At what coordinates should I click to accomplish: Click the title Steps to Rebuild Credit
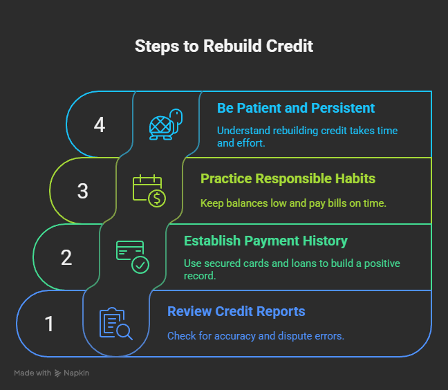tap(223, 46)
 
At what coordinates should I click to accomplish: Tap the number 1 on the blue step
tap(50, 324)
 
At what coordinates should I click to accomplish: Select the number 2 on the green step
tap(66, 257)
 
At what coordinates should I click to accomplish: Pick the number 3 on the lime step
tap(83, 191)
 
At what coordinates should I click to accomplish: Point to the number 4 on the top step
tap(100, 125)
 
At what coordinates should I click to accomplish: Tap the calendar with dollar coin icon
tap(149, 191)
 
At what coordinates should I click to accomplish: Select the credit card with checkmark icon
tap(132, 257)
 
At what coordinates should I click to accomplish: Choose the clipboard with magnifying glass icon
tap(115, 324)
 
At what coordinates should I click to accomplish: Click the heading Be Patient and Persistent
tap(296, 108)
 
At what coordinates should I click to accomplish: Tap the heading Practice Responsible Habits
tap(288, 178)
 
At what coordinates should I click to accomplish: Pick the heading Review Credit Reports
tap(236, 311)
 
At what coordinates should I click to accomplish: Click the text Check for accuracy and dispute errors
tap(256, 336)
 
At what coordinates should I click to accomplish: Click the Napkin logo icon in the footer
tap(58, 373)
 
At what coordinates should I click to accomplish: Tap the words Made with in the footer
tap(32, 373)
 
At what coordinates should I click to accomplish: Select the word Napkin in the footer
tap(77, 373)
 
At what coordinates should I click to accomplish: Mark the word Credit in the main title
tap(290, 46)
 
